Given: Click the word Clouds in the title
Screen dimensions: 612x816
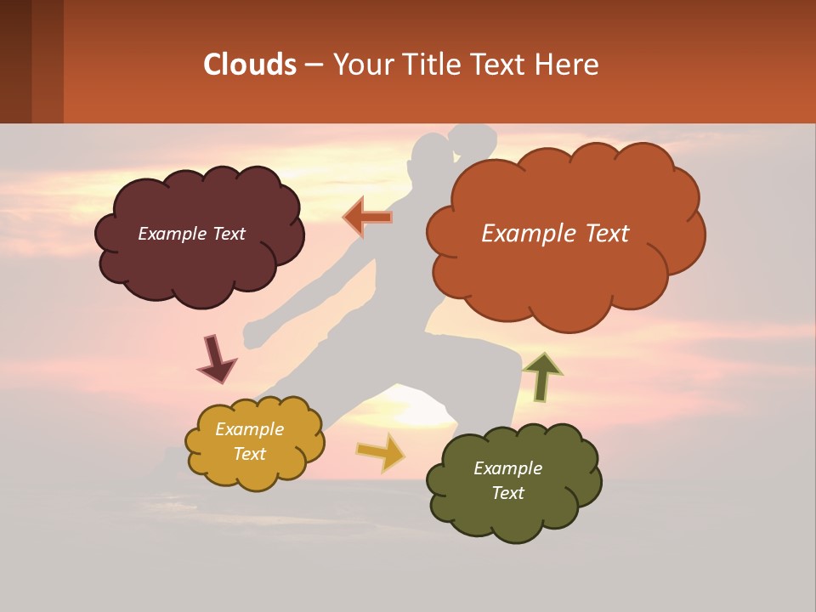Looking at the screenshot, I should pyautogui.click(x=249, y=65).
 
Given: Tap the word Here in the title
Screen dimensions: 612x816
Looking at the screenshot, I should pyautogui.click(x=568, y=65).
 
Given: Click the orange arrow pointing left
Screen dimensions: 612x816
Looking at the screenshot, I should pyautogui.click(x=367, y=218).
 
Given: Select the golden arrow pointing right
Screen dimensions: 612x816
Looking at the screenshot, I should pyautogui.click(x=381, y=451).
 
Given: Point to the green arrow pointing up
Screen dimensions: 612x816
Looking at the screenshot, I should pyautogui.click(x=541, y=377).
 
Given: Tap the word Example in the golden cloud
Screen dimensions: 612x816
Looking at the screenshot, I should pyautogui.click(x=250, y=429).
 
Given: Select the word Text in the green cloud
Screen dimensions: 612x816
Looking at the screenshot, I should pyautogui.click(x=507, y=493).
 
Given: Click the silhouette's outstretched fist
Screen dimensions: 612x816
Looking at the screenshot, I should pyautogui.click(x=253, y=334).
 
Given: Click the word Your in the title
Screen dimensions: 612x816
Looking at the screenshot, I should pyautogui.click(x=363, y=65).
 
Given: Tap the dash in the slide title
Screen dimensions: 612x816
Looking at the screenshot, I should pyautogui.click(x=313, y=65).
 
